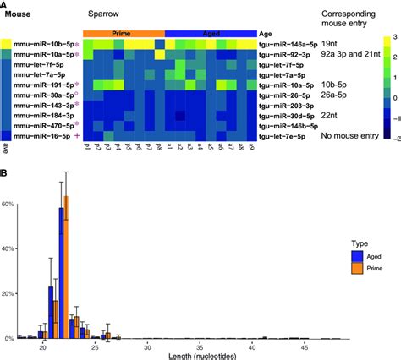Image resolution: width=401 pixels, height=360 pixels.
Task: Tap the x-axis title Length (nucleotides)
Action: tap(204, 356)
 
